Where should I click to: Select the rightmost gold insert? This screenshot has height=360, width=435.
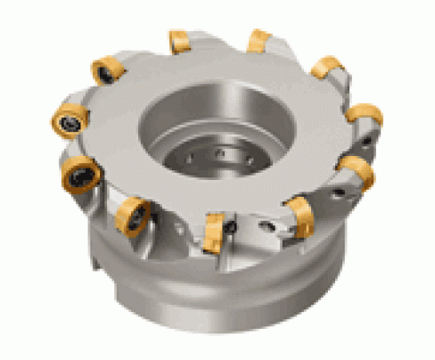(x=365, y=116)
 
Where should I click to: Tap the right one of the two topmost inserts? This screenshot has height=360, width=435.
(x=259, y=41)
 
